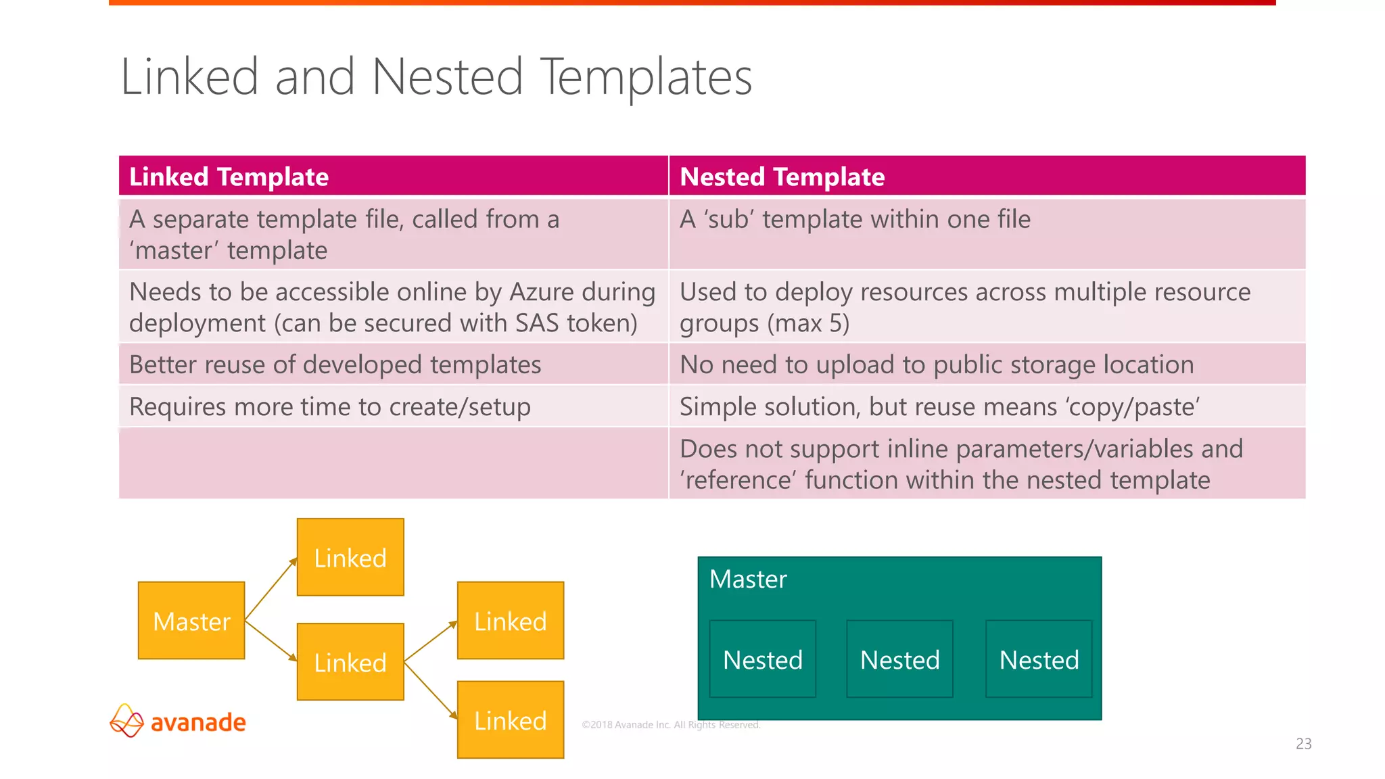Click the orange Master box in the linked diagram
(x=191, y=620)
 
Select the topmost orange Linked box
(x=350, y=557)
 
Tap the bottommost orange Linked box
(x=511, y=720)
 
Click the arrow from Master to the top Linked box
(x=271, y=588)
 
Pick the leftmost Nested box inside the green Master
(x=762, y=659)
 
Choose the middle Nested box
(x=899, y=659)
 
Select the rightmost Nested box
(x=1039, y=659)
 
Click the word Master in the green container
(x=748, y=580)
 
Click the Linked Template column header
(x=229, y=176)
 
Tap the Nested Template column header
(x=782, y=176)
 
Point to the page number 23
(x=1303, y=744)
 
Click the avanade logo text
(x=198, y=722)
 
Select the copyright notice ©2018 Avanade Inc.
(x=671, y=725)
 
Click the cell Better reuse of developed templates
(x=335, y=364)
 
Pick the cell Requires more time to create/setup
(x=329, y=406)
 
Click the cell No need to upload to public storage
(x=937, y=364)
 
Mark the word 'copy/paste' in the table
(x=1132, y=406)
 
